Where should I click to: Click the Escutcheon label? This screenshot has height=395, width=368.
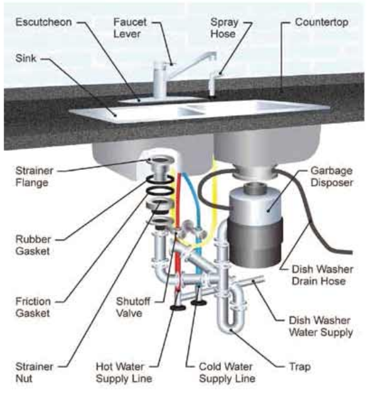coord(44,22)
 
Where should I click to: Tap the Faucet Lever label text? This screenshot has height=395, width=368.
coord(130,28)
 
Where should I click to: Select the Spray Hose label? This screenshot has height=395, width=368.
coord(224,28)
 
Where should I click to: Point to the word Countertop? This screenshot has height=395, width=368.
coord(322,22)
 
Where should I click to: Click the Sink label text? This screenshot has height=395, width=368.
coord(26,58)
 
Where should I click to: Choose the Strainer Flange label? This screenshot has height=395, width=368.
coord(34,177)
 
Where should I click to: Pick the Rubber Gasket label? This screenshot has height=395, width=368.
coord(33,245)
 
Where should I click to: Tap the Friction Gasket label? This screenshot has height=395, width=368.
coord(33,307)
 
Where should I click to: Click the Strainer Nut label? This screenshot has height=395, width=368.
coord(34,372)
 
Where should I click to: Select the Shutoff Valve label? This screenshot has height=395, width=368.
coord(133,307)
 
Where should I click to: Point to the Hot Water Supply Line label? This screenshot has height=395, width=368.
coord(124,372)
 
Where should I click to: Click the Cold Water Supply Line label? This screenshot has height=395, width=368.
coord(227,372)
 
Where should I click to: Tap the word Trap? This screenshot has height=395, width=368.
coord(300,367)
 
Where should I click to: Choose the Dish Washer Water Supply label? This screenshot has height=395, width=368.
coord(321,326)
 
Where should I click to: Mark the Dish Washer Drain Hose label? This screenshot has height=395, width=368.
coord(323,275)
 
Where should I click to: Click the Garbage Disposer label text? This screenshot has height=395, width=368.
coord(332,177)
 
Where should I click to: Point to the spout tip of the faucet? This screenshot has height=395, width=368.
coord(214,57)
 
